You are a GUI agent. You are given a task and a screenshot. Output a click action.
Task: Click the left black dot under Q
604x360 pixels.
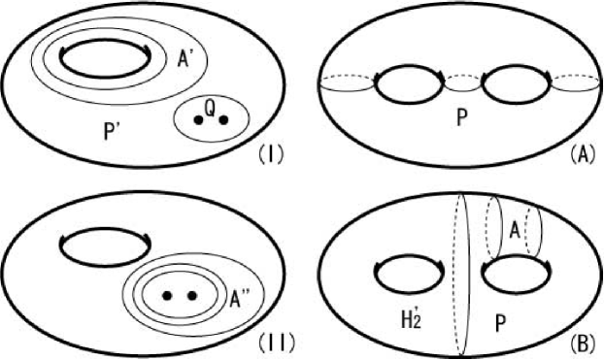pyautogui.click(x=199, y=120)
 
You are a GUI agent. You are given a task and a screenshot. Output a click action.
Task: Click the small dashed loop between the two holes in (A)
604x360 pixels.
pyautogui.click(x=457, y=85)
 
